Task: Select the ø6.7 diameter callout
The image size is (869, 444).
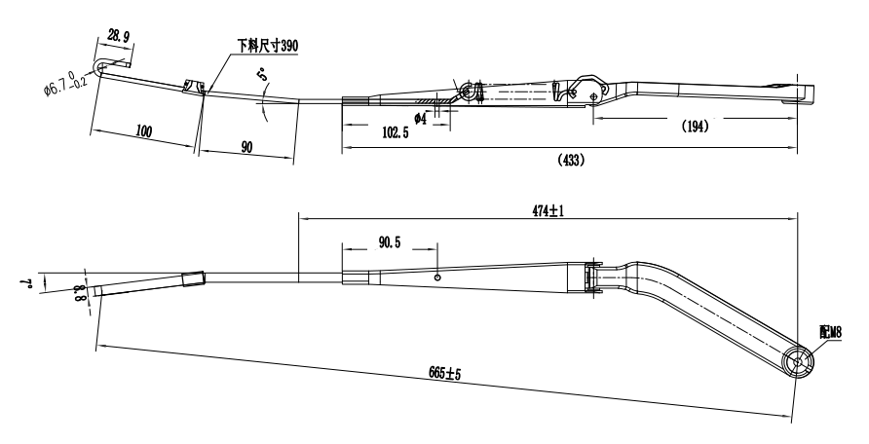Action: pyautogui.click(x=67, y=88)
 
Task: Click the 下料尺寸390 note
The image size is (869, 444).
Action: pyautogui.click(x=267, y=46)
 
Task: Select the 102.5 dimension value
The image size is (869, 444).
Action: pyautogui.click(x=396, y=132)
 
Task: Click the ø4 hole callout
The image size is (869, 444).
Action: pyautogui.click(x=421, y=117)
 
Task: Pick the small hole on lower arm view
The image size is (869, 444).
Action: pyautogui.click(x=438, y=277)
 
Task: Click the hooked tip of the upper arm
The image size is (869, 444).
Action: pyautogui.click(x=100, y=66)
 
